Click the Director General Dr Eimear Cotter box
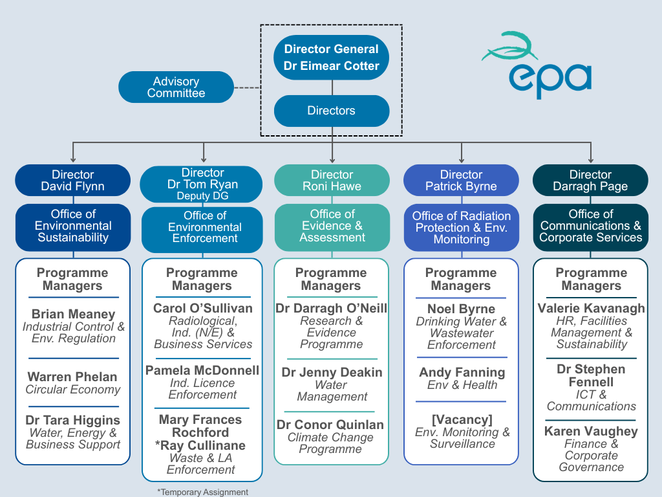(x=331, y=57)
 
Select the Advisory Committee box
(x=176, y=87)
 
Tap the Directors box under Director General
(x=331, y=111)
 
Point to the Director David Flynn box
(x=72, y=181)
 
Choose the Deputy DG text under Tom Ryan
(x=202, y=195)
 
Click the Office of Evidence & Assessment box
(x=332, y=226)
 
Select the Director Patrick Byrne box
(x=461, y=181)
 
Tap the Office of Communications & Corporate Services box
(x=590, y=226)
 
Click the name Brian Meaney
(x=73, y=314)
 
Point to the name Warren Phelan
(x=72, y=377)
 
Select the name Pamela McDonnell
(x=202, y=370)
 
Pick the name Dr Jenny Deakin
(x=332, y=372)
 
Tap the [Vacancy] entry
(x=462, y=420)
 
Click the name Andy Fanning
(x=462, y=372)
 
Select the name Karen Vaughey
(x=591, y=431)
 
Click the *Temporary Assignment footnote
(x=202, y=492)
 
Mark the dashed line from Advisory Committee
(x=247, y=87)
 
